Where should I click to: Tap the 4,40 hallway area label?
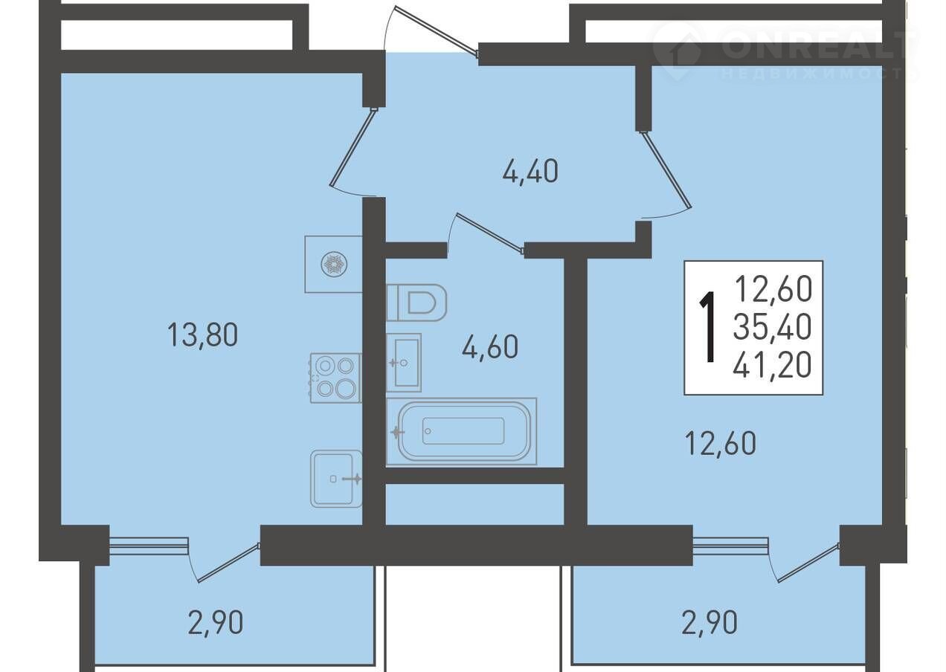click(x=530, y=172)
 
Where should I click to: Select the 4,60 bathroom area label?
click(x=490, y=346)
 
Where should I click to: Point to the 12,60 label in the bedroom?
click(x=721, y=443)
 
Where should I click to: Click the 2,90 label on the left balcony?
click(x=216, y=623)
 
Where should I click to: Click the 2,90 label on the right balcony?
click(x=709, y=621)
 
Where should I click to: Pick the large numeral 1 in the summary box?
click(x=709, y=327)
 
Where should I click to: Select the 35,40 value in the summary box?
click(x=772, y=328)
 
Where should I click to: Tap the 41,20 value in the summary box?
click(x=772, y=365)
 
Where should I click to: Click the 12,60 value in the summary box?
click(x=773, y=289)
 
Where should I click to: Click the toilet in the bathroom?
click(x=416, y=303)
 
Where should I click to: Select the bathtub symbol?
click(x=462, y=431)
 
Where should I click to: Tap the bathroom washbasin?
click(x=404, y=362)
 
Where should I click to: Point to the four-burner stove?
click(x=335, y=378)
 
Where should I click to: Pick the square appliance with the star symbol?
click(x=334, y=264)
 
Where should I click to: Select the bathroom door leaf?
click(x=490, y=234)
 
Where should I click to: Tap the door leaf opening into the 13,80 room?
click(x=353, y=148)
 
